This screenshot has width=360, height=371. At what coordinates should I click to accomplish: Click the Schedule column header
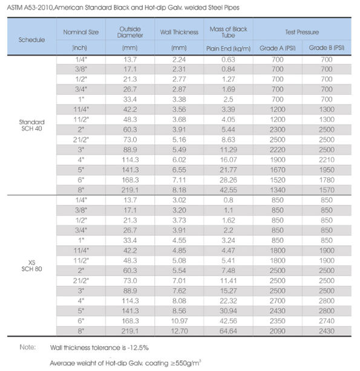pos(31,40)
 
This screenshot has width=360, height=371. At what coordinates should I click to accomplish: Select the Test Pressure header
pos(302,32)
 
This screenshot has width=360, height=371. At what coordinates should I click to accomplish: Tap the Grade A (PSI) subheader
pos(278,48)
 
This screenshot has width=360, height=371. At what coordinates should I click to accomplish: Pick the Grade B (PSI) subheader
pos(327,48)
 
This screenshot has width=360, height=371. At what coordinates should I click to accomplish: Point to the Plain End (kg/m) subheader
pos(228,48)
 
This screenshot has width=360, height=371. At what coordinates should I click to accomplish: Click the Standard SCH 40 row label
pos(31,125)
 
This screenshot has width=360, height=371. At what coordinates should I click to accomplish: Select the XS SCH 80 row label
pos(31,266)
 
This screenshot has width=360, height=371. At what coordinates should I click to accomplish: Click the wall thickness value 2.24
pos(179,60)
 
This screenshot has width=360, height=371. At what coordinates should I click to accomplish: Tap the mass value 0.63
pos(228,60)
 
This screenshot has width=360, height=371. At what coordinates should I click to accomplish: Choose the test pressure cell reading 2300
pos(278,130)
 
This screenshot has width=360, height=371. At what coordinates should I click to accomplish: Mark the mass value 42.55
pos(228,190)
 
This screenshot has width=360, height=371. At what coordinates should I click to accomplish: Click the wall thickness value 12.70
pos(180,331)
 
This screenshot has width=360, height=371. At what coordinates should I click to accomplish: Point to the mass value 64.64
pos(228,331)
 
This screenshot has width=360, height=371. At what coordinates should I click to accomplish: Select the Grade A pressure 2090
pos(278,331)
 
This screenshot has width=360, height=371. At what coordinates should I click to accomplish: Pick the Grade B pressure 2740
pos(327,321)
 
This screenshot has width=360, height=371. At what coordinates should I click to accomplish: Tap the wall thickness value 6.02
pos(179,160)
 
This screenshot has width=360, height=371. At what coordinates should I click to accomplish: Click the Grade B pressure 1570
pos(327,190)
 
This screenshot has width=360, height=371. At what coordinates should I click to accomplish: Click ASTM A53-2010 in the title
pos(30,8)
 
